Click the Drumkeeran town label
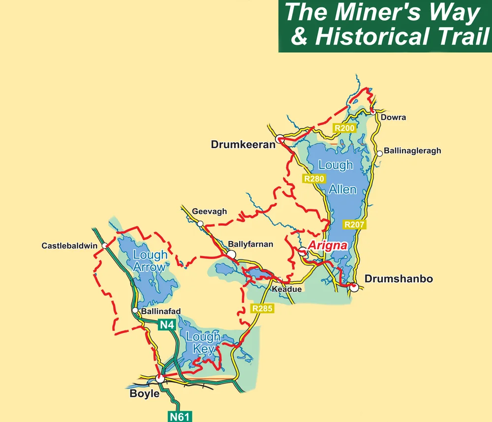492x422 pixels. [x=243, y=145]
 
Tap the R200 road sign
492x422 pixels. [x=344, y=128]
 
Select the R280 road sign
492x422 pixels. [x=314, y=179]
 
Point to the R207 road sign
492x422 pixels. [x=354, y=225]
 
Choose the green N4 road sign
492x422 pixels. [x=166, y=325]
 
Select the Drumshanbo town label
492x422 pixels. [x=399, y=279]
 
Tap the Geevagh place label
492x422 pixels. [x=210, y=212]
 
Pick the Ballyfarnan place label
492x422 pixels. [x=250, y=244]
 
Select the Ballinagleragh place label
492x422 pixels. [x=412, y=151]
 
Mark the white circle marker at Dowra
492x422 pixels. [x=373, y=112]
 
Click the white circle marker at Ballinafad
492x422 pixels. [x=135, y=311]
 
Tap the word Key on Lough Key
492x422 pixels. [x=204, y=349]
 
